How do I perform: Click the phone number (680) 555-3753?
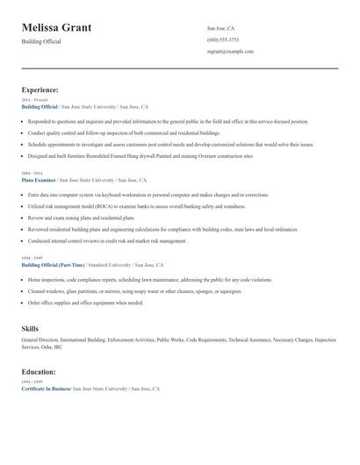223,39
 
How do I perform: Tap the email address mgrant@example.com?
231,52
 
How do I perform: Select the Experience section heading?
40,89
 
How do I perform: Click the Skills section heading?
30,328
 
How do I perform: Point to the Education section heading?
40,372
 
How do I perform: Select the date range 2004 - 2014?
32,174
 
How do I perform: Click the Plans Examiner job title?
40,179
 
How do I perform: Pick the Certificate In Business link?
46,388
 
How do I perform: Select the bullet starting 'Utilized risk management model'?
136,206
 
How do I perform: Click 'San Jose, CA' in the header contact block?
221,28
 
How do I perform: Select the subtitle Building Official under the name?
41,42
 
